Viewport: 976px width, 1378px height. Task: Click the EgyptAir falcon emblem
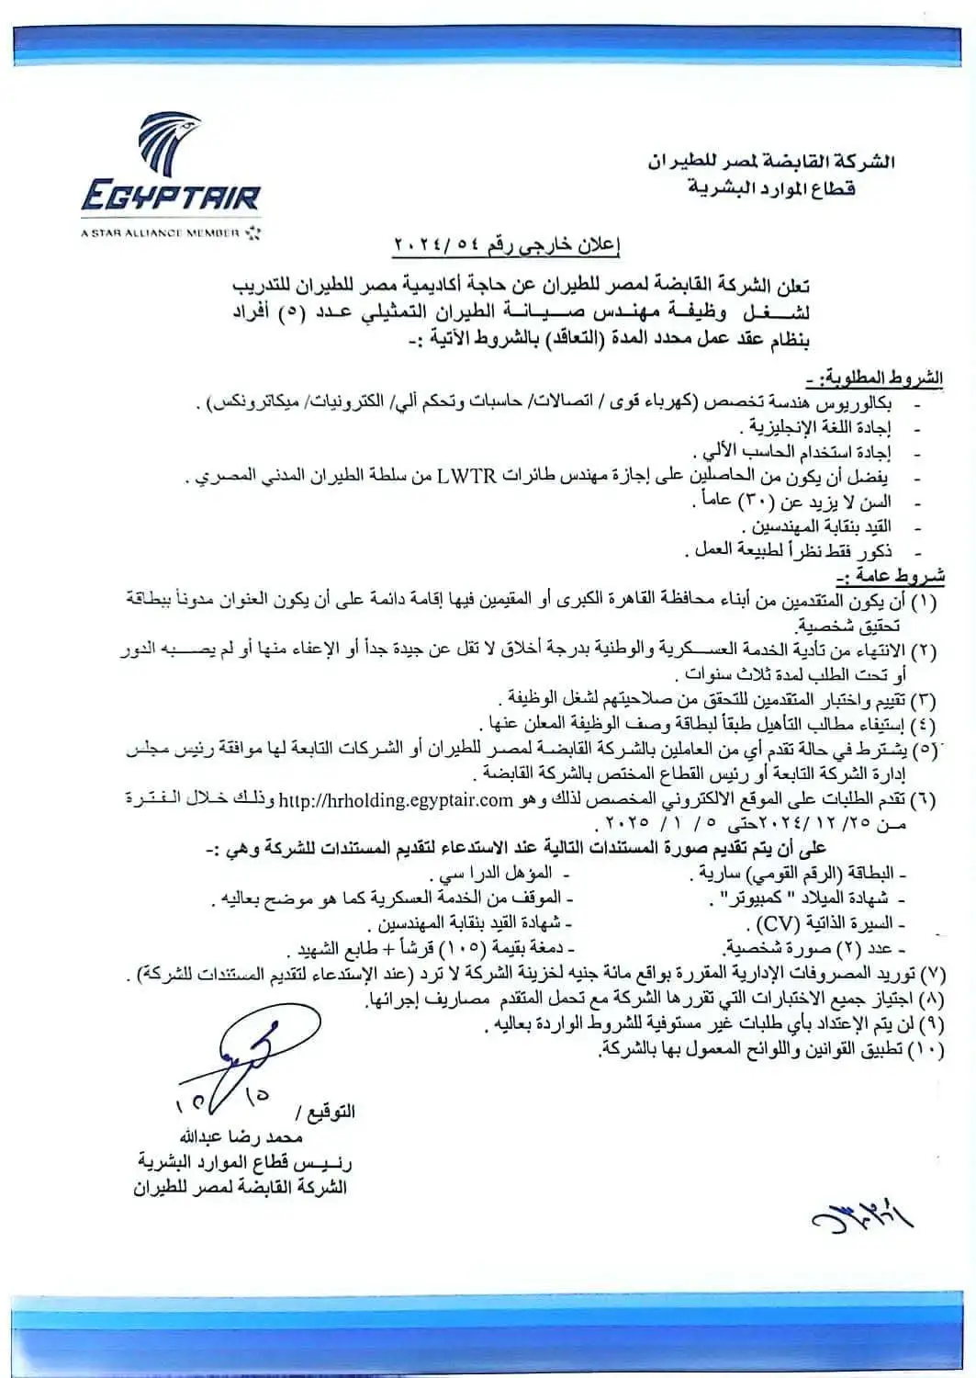pos(169,144)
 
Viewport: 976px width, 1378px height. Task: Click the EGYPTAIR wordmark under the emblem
pos(170,196)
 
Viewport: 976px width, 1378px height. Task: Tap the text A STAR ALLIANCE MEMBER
pos(160,233)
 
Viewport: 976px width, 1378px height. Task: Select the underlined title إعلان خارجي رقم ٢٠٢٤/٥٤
pos(508,244)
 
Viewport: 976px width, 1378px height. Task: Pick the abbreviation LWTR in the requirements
pos(466,476)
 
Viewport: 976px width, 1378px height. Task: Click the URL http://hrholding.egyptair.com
pos(420,799)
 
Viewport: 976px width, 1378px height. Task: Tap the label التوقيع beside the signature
pos(330,1112)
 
